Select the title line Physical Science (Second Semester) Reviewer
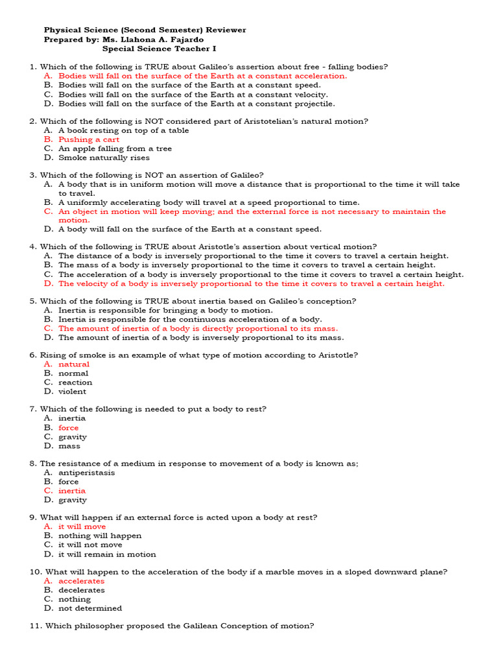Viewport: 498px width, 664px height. pyautogui.click(x=145, y=30)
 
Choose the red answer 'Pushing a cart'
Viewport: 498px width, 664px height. pyautogui.click(x=89, y=139)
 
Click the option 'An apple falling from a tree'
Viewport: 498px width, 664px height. pyautogui.click(x=115, y=148)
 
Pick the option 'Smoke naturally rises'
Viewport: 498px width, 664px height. pyautogui.click(x=104, y=158)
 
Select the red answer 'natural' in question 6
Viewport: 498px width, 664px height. pyautogui.click(x=74, y=364)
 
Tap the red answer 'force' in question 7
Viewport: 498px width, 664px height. pyautogui.click(x=68, y=428)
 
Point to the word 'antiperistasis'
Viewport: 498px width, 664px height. pyautogui.click(x=86, y=473)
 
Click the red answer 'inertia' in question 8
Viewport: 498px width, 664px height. pyautogui.click(x=71, y=491)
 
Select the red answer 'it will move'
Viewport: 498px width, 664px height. pyautogui.click(x=82, y=527)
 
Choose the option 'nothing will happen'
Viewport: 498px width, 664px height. pyautogui.click(x=99, y=536)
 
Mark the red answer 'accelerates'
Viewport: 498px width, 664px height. pyautogui.click(x=81, y=581)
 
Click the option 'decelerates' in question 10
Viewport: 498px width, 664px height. pyautogui.click(x=81, y=590)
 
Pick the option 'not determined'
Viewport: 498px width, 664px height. pyautogui.click(x=89, y=608)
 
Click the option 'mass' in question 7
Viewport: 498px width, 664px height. pyautogui.click(x=69, y=446)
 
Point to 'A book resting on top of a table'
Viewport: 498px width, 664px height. pyautogui.click(x=123, y=130)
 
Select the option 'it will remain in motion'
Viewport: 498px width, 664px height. pyautogui.click(x=107, y=554)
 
